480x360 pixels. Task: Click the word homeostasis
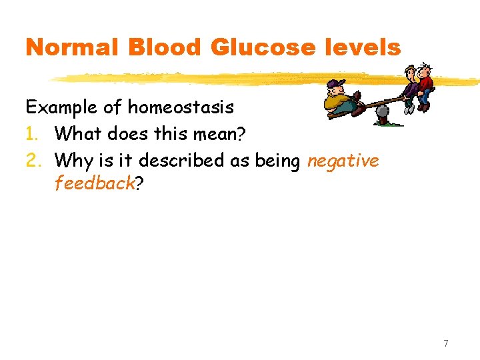click(x=181, y=107)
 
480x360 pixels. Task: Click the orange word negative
click(x=343, y=161)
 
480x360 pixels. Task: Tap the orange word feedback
click(x=95, y=184)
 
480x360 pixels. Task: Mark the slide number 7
click(x=446, y=344)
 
